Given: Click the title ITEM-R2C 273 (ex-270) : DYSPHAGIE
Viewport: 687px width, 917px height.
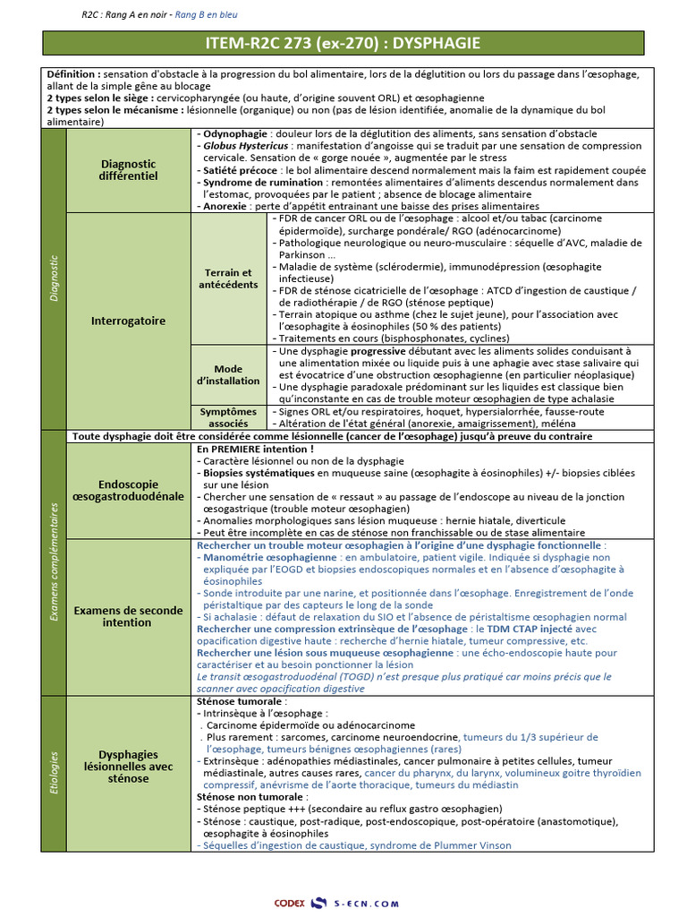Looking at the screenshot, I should [343, 43].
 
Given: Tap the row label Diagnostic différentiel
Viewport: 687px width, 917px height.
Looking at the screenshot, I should [128, 170].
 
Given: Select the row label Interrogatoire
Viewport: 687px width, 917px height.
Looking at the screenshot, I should [128, 321].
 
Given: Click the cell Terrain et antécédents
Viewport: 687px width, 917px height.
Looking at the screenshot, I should [228, 279].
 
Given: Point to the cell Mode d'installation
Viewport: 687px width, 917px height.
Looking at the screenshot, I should [228, 374].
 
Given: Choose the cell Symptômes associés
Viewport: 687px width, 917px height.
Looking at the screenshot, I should [228, 417].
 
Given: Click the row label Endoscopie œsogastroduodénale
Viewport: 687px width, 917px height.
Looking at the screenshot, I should [128, 489].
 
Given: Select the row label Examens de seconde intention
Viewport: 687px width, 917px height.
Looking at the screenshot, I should [127, 616].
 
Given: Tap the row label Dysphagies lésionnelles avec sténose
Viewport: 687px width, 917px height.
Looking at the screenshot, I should [128, 767].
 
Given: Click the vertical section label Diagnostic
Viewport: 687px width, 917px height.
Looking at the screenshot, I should [54, 279].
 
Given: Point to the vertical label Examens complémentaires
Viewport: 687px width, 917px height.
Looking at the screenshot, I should [54, 561].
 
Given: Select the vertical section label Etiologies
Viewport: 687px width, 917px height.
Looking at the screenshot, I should [54, 773].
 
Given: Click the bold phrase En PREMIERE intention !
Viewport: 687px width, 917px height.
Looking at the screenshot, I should [255, 448].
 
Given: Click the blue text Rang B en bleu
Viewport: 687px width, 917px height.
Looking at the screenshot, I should [207, 14].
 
